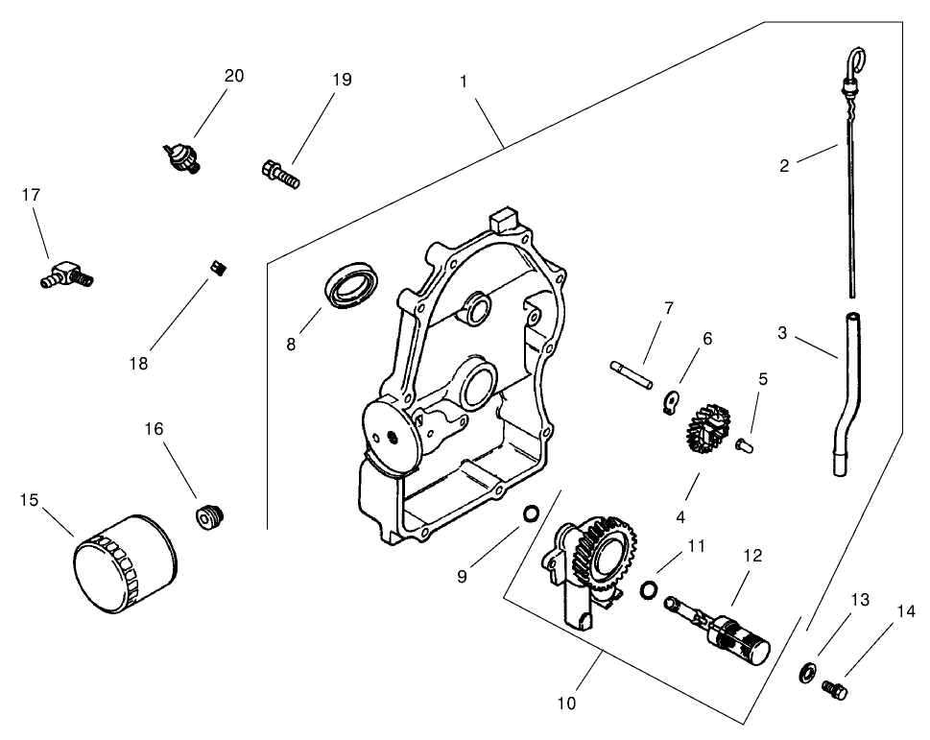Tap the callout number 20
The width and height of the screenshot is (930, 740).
coord(234,76)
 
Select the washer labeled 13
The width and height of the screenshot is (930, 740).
coord(806,672)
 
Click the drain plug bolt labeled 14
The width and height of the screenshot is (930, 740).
coord(835,687)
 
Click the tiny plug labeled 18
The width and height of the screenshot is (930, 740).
coord(217,268)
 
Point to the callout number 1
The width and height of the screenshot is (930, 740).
coord(464,82)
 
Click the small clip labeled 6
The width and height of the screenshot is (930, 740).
coord(673,401)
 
